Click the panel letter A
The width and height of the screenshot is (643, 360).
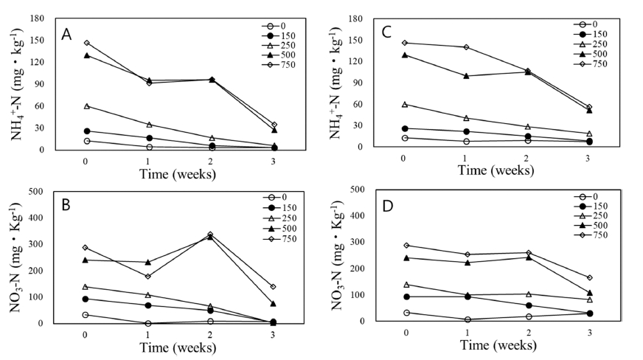tap(66, 34)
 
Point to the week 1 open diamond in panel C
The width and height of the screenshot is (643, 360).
tap(466, 47)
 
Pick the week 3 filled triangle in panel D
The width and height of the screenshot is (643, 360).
tap(589, 293)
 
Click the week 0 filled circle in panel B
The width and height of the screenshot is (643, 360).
tap(86, 299)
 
